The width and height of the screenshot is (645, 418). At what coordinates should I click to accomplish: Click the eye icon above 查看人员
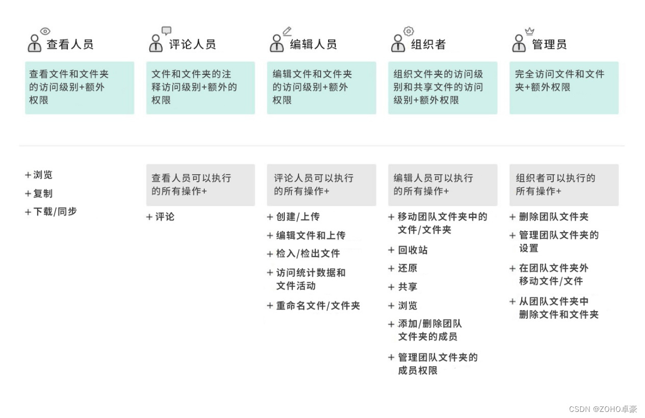tap(45, 32)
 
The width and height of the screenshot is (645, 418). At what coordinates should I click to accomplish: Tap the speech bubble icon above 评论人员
tap(167, 31)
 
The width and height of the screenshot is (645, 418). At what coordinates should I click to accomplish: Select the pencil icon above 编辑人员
tap(287, 31)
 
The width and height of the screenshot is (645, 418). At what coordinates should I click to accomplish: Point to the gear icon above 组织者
tap(409, 31)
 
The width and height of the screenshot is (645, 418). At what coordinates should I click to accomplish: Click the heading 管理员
tap(549, 44)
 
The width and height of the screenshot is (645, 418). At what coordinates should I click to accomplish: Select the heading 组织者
tap(428, 44)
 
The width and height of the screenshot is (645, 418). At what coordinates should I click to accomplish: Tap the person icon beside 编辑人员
tap(277, 44)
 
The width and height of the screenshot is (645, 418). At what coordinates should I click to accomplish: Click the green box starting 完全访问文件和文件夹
tap(564, 88)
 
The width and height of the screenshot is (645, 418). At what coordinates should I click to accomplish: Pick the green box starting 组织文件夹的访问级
tap(442, 88)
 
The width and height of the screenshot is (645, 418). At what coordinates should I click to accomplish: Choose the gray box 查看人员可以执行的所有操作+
tap(200, 185)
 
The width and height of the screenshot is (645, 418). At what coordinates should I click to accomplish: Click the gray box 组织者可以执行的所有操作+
tap(564, 185)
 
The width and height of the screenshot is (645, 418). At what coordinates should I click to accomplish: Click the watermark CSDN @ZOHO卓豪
tap(603, 409)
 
